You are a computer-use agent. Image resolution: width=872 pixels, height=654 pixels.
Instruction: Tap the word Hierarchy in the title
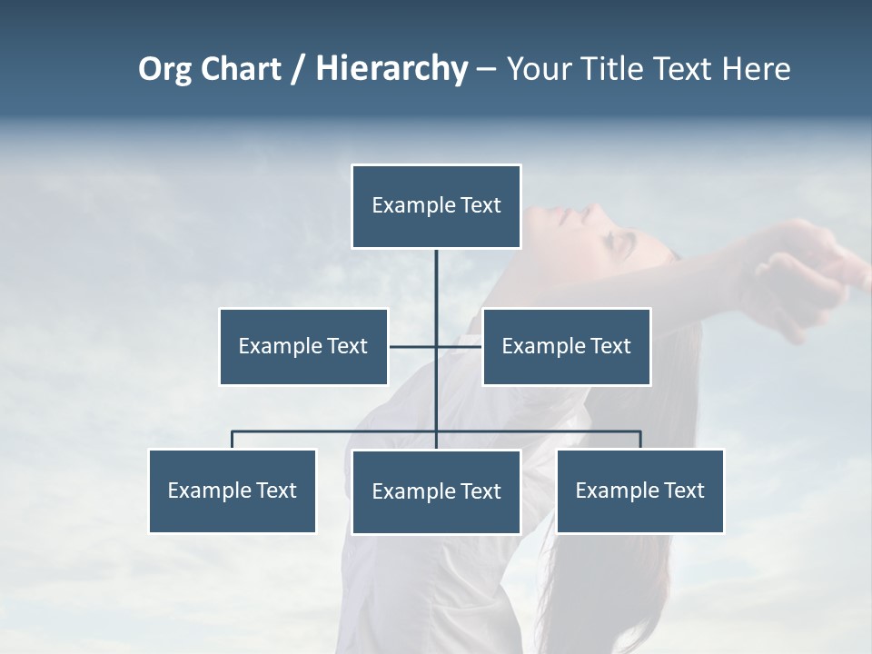(391, 69)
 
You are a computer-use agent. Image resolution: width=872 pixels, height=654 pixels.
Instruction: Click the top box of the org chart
(436, 206)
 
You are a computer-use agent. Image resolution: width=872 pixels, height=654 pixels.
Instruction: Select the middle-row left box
(303, 347)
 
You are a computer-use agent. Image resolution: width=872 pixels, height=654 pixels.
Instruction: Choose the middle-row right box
(566, 347)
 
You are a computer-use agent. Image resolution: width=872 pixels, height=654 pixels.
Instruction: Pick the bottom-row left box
(233, 491)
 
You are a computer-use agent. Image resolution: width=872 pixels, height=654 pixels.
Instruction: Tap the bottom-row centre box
(436, 492)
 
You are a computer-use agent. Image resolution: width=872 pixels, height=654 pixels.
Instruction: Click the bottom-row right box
(640, 491)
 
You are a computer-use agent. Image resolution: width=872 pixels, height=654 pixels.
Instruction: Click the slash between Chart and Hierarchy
(298, 70)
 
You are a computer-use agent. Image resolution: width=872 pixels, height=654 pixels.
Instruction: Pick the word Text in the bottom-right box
(682, 491)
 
